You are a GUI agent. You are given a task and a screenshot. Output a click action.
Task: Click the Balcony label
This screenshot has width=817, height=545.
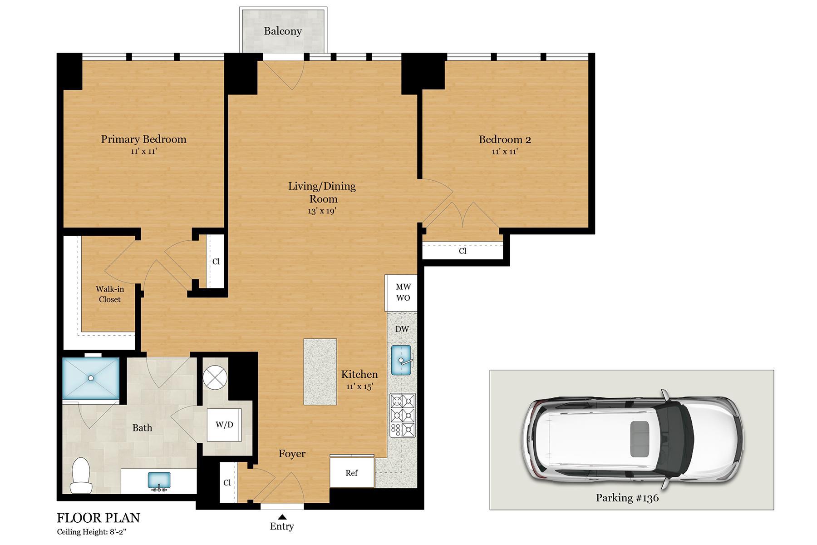[x=283, y=31]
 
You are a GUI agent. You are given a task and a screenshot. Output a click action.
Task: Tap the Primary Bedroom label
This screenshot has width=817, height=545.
[x=143, y=139]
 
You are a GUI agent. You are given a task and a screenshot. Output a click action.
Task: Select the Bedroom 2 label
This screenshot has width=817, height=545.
[x=505, y=140]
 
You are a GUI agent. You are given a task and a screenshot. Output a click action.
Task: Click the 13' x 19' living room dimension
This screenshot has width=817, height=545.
[x=322, y=211]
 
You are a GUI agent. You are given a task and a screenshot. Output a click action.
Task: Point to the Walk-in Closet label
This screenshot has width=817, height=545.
[x=110, y=294]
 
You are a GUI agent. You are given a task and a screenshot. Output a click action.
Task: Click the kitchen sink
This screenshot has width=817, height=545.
[x=401, y=360]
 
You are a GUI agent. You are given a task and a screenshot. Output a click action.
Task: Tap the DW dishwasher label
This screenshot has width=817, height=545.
[x=402, y=329]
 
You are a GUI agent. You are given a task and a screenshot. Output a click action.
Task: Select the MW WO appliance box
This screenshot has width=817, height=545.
[x=403, y=292]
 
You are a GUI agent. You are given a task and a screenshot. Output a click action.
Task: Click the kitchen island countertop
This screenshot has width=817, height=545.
[x=320, y=372]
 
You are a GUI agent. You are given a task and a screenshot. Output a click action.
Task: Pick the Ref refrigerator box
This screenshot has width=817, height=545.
[x=352, y=473]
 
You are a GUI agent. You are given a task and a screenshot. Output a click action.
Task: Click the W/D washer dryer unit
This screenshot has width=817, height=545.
[x=224, y=425]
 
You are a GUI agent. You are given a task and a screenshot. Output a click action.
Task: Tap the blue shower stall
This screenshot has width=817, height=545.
[x=91, y=378]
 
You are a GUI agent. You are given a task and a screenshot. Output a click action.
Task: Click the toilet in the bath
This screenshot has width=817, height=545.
[x=81, y=476]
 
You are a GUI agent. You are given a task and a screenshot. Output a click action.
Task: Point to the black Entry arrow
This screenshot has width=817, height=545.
[x=282, y=516]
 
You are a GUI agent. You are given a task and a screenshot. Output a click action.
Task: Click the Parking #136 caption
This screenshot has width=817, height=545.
[x=627, y=498]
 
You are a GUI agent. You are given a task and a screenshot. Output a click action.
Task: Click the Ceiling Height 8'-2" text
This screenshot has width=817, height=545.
[x=94, y=532]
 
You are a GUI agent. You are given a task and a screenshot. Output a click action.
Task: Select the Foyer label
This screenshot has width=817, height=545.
[x=292, y=454]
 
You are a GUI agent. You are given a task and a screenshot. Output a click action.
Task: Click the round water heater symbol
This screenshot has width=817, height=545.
[x=214, y=377]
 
